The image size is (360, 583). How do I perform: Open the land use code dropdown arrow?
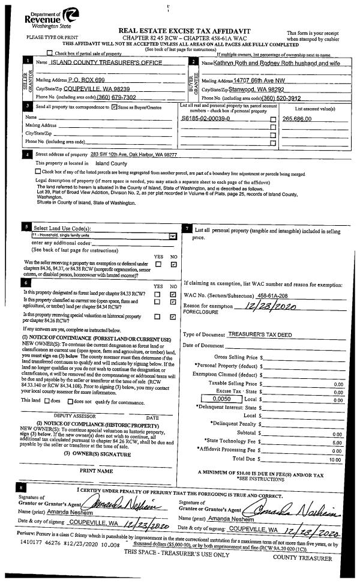pyautogui.click(x=173, y=236)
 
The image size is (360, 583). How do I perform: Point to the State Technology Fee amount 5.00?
pyautogui.click(x=337, y=442)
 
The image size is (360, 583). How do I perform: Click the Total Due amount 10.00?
pyautogui.click(x=335, y=459)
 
